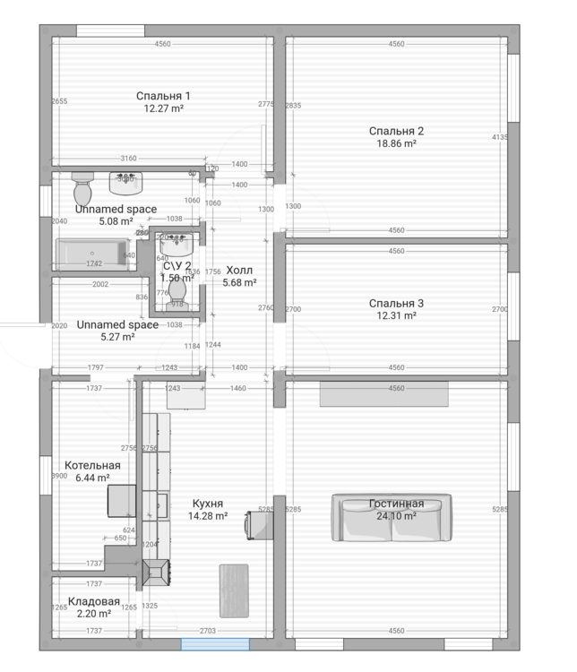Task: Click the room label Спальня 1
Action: (163, 96)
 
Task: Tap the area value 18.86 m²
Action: (395, 143)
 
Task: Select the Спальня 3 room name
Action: (396, 304)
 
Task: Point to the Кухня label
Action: (207, 504)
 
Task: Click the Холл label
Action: (239, 270)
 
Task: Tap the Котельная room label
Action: (92, 466)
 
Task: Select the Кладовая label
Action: (93, 602)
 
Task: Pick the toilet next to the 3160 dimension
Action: (82, 189)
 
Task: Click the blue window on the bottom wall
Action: (215, 643)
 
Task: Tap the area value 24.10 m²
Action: (395, 516)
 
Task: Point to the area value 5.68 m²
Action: (239, 283)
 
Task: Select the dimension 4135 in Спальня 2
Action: (500, 137)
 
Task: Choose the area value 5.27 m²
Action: (116, 338)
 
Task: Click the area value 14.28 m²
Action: (207, 516)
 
